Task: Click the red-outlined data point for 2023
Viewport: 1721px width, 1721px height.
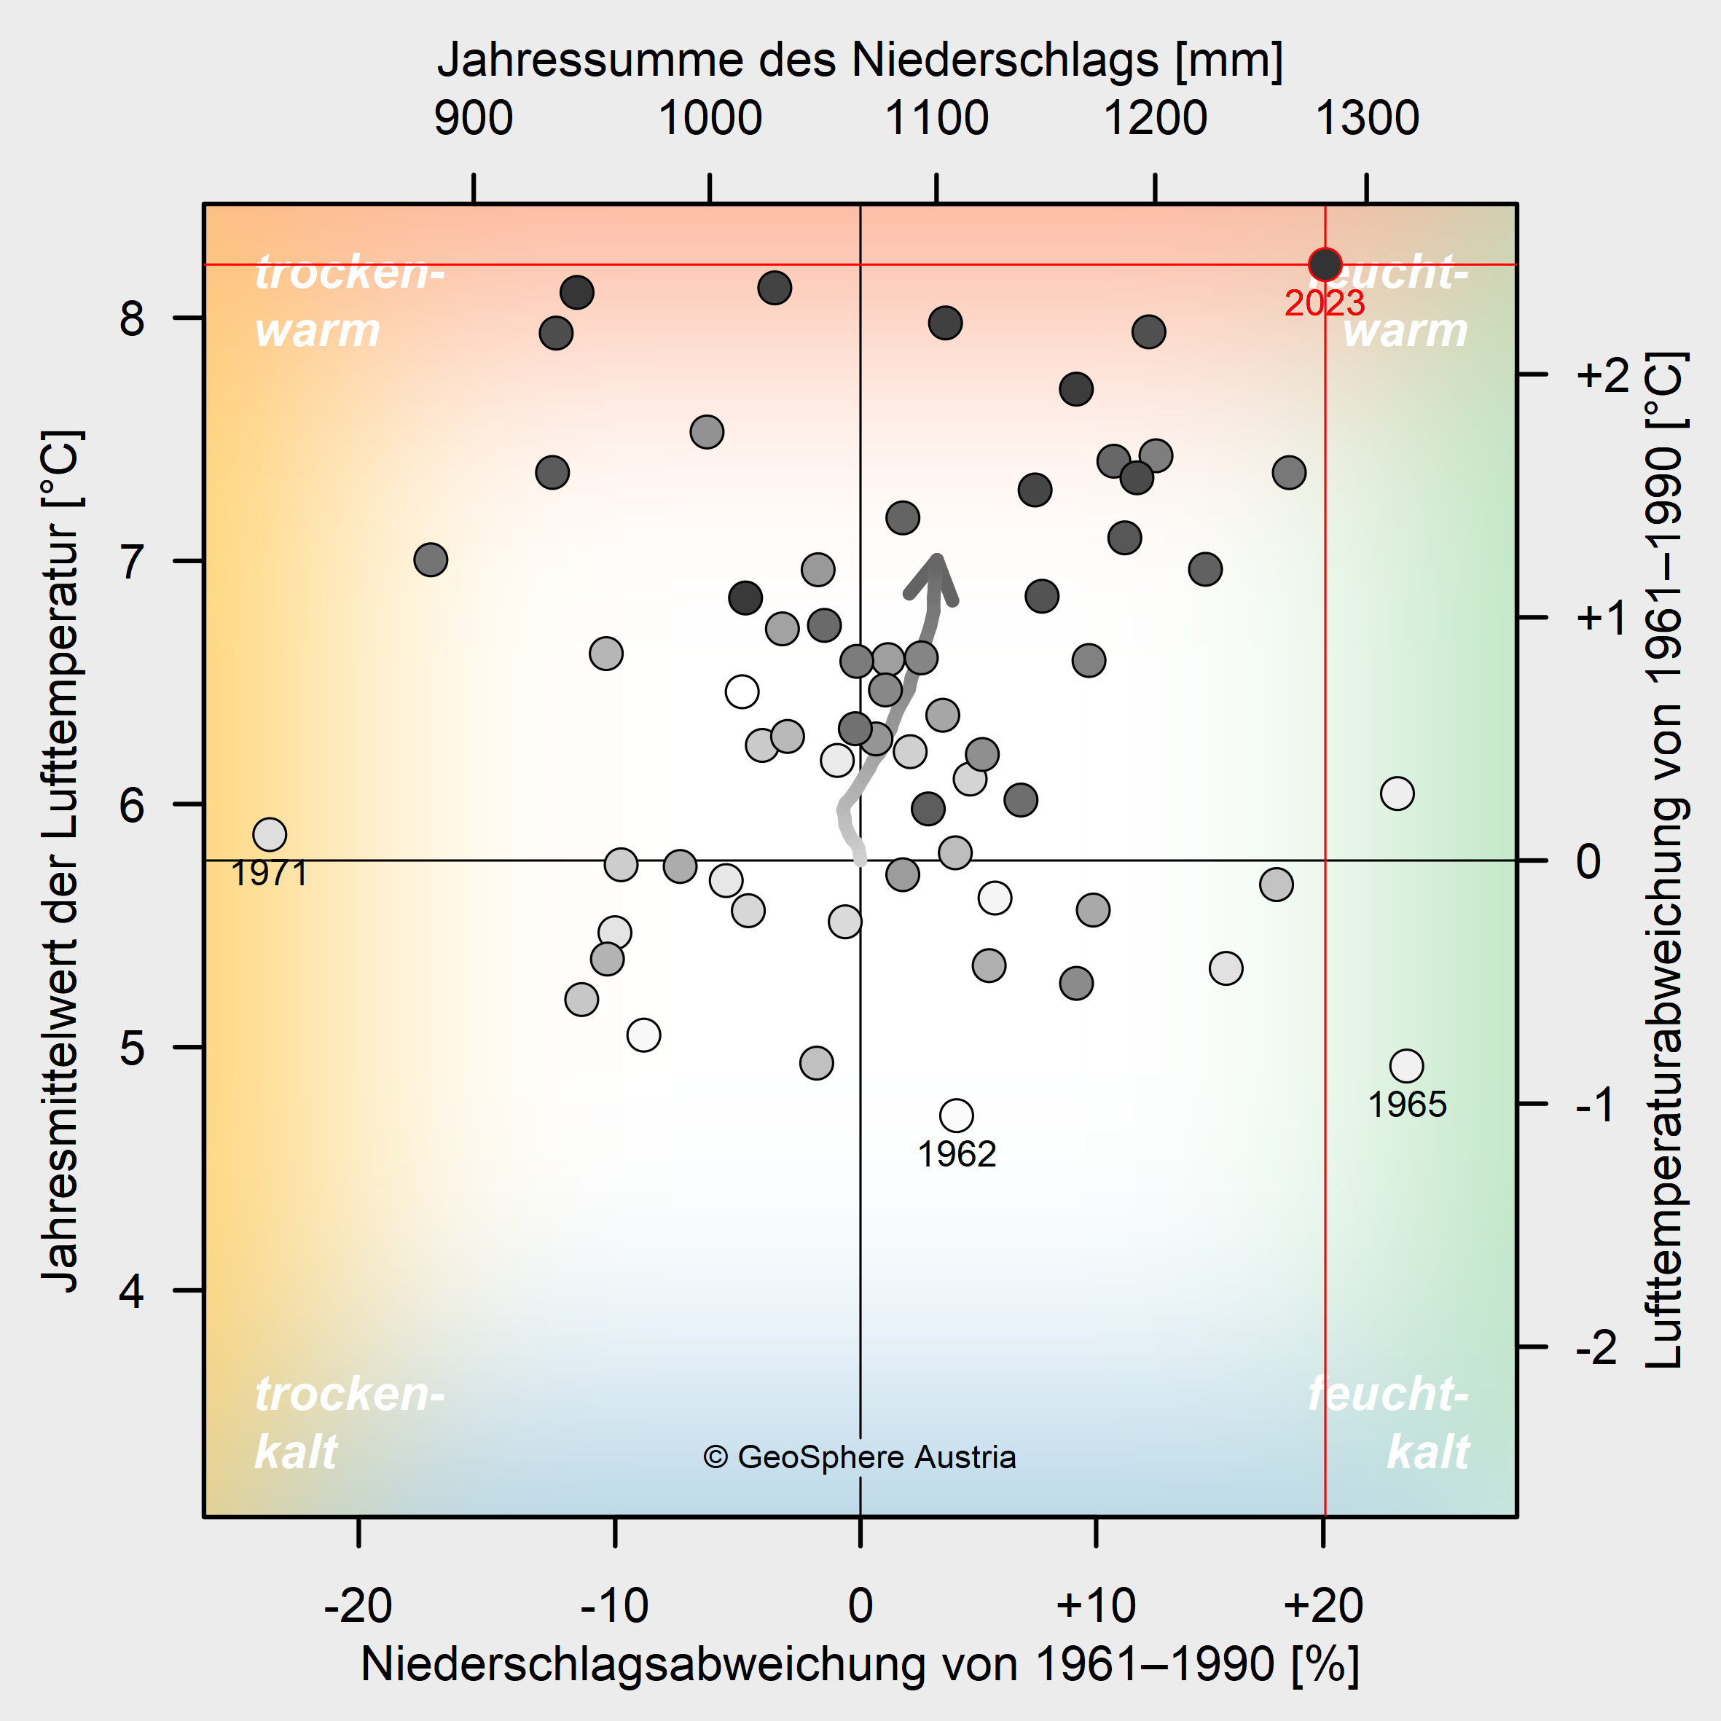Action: pos(1325,264)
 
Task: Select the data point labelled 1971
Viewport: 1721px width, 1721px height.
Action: pos(269,835)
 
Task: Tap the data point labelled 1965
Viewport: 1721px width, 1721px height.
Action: pos(1406,1065)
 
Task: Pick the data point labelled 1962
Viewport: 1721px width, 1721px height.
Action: pos(956,1116)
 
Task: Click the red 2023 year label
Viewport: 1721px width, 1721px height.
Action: pos(1324,304)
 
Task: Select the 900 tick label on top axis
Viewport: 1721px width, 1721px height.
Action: pos(473,119)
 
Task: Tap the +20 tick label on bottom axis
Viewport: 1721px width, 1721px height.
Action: pos(1323,1605)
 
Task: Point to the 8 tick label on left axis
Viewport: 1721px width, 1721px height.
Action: pos(132,318)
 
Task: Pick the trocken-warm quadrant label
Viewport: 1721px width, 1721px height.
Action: pos(349,301)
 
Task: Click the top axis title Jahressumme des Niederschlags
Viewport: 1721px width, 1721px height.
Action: pos(860,60)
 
